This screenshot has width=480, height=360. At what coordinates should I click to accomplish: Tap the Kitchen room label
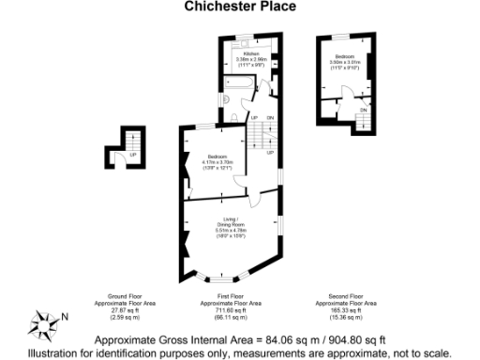click(242, 54)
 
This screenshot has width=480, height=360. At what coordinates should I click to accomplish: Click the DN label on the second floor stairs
click(363, 110)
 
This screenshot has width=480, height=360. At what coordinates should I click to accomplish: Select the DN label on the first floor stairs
click(270, 117)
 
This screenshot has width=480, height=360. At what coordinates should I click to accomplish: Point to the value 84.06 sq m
click(266, 339)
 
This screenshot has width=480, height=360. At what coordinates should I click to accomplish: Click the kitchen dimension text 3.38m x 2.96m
click(242, 60)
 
